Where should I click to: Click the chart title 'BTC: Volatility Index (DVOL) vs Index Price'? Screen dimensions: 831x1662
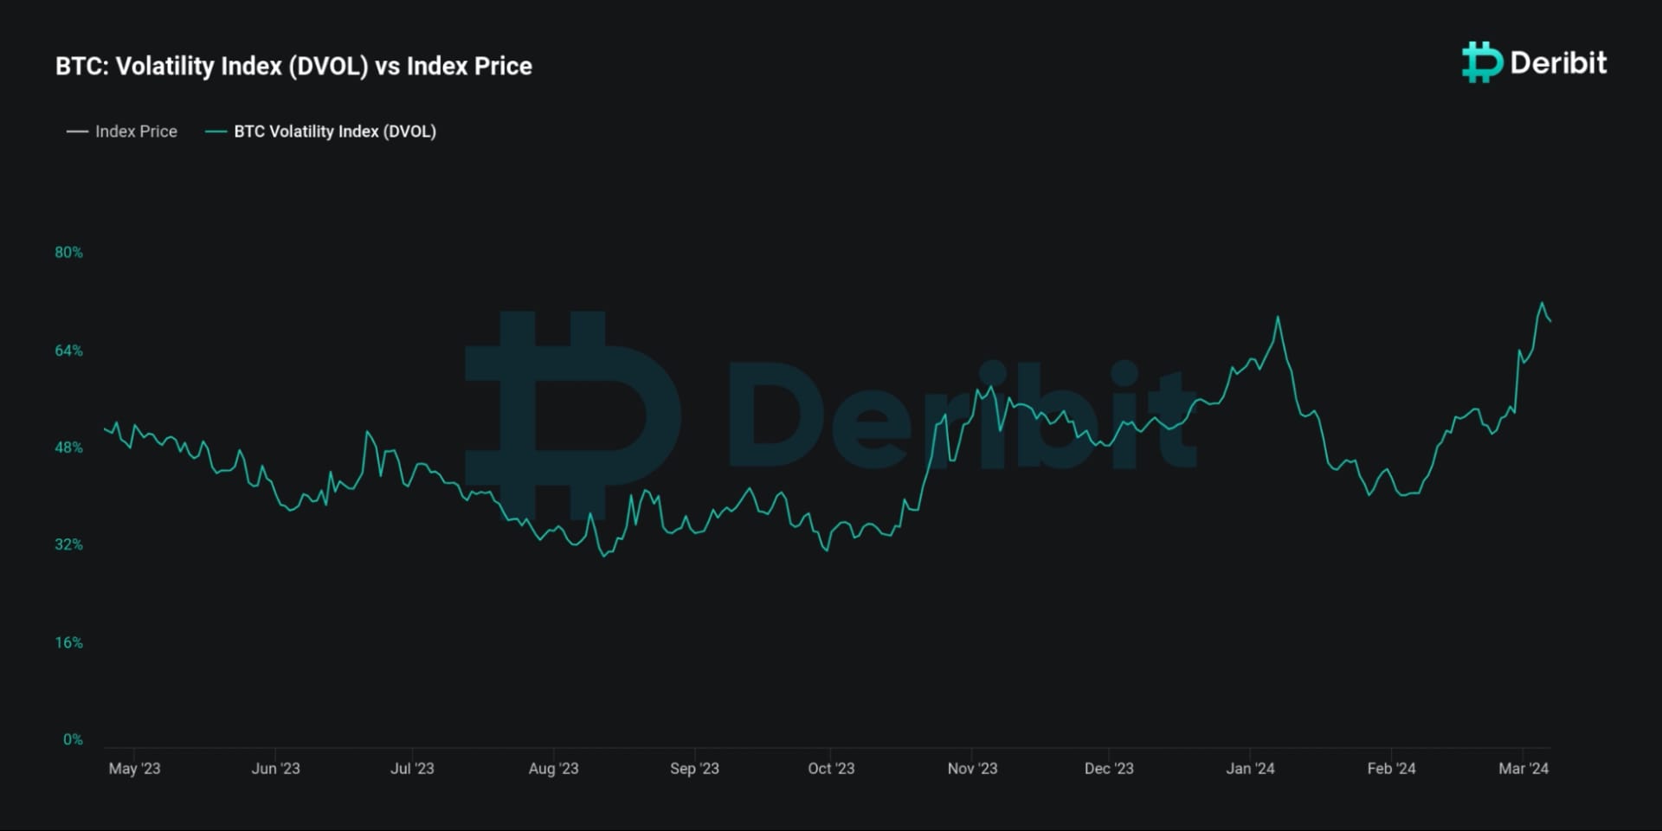(x=293, y=66)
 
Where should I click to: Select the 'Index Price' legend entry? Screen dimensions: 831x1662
(x=122, y=132)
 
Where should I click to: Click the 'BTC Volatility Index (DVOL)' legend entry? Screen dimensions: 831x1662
(x=321, y=132)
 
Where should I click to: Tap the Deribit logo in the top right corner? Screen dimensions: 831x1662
(x=1534, y=62)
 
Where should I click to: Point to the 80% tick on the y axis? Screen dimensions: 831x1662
(x=69, y=253)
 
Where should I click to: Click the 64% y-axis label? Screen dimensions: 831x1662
(x=69, y=351)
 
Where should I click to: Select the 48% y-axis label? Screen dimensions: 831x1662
(x=69, y=448)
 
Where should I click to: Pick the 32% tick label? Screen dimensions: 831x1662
(x=69, y=544)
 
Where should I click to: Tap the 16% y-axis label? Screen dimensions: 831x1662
(x=69, y=642)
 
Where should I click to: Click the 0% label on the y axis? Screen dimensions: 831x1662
(x=73, y=739)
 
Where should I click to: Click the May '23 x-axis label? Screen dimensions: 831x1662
(x=134, y=768)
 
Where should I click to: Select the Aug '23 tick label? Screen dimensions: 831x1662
(x=553, y=768)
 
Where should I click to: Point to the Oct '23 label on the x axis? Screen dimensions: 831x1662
(x=830, y=768)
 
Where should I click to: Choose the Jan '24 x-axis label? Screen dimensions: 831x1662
(x=1250, y=768)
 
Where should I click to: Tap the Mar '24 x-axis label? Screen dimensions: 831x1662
(x=1523, y=768)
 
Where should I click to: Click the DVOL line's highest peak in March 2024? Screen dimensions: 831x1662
(x=1542, y=303)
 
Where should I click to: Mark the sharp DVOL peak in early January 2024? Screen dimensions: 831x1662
(x=1278, y=317)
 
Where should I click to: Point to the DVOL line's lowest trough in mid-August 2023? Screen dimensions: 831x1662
(x=604, y=556)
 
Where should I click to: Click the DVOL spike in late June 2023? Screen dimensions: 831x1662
(x=367, y=431)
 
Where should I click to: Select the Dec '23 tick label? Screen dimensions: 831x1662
(x=1109, y=768)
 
